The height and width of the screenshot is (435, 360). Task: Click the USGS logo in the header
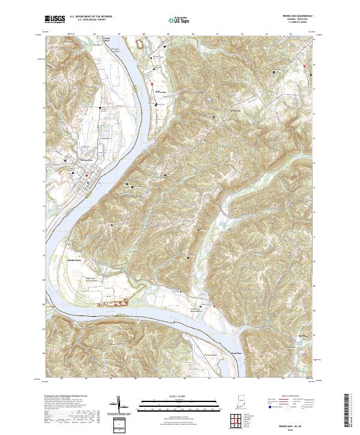pyautogui.click(x=55, y=19)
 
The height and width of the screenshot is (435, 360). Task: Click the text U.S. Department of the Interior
pyautogui.click(x=90, y=16)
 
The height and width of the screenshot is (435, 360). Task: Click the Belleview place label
pyautogui.click(x=161, y=92)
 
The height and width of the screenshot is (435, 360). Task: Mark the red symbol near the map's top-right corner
pyautogui.click(x=305, y=65)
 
